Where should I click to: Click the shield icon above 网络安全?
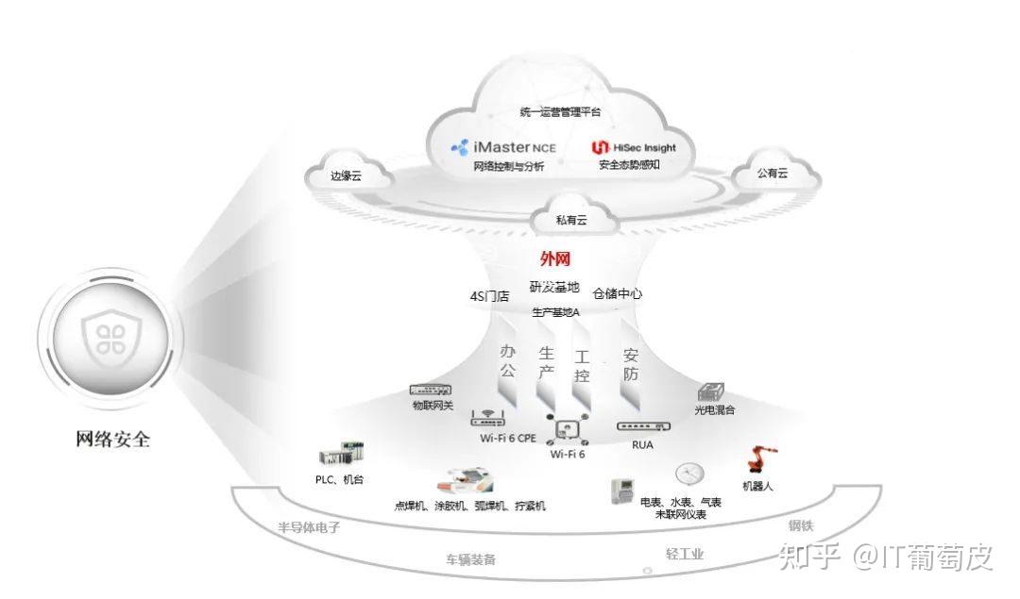click(x=104, y=335)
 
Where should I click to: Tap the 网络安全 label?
click(x=112, y=439)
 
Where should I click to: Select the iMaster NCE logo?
click(x=504, y=147)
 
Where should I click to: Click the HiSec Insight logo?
click(x=634, y=148)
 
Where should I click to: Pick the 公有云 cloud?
click(x=772, y=173)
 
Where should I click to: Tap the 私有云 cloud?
click(x=570, y=219)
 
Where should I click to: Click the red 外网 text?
click(x=555, y=259)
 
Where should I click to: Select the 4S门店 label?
click(x=489, y=296)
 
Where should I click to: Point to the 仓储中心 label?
click(x=618, y=294)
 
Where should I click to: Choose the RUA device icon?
click(x=642, y=426)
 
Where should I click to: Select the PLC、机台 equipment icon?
click(x=340, y=457)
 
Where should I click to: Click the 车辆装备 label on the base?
click(x=471, y=559)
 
